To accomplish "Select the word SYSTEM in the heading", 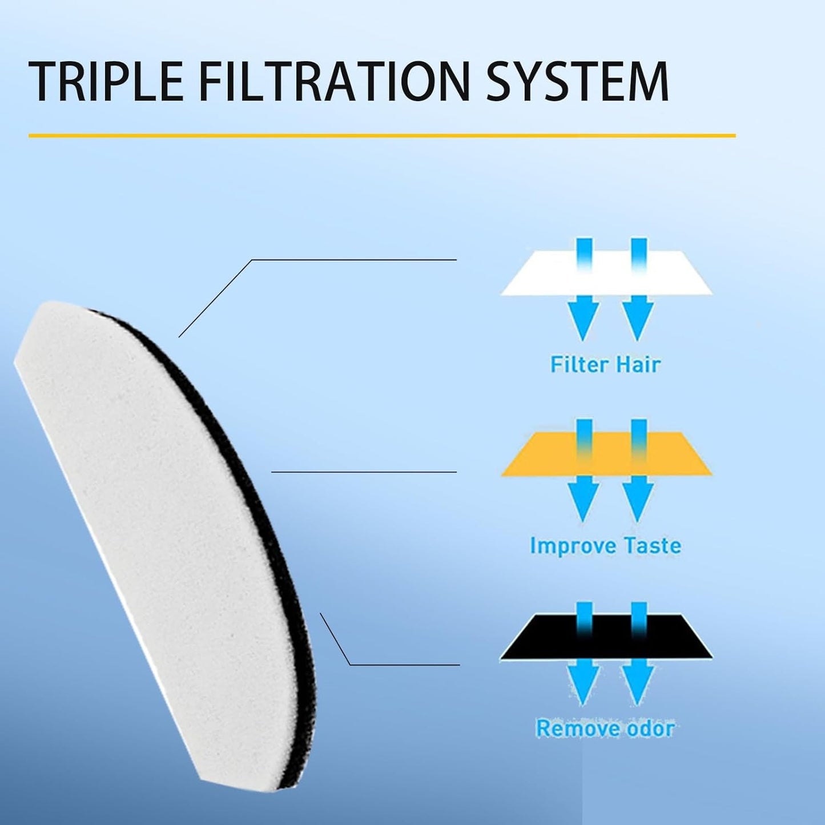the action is pos(577,82).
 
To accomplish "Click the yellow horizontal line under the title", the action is pos(382,136).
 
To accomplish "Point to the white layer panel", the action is pos(607,273).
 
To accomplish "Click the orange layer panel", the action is pos(607,454).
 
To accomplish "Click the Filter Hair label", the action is pos(605,364).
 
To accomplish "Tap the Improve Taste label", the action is pos(605,546).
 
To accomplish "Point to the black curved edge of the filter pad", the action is pos(240,471).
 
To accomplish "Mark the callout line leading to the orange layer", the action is pos(364,472).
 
